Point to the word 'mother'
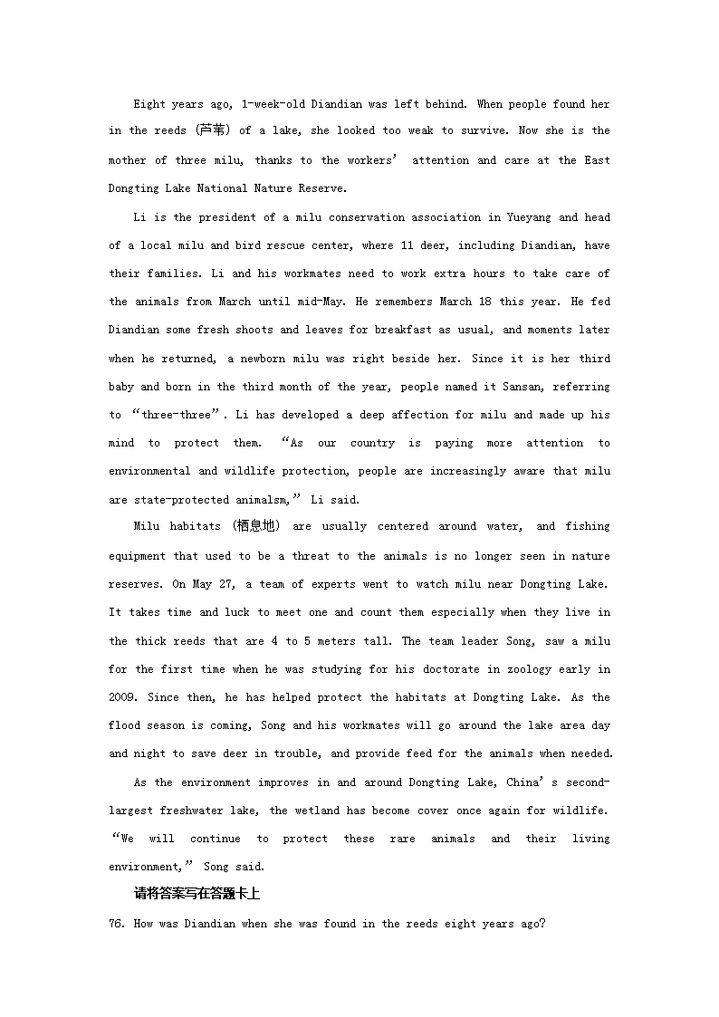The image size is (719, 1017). [127, 160]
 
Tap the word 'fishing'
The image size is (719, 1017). [587, 527]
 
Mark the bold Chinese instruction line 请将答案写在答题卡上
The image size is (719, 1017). [197, 894]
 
